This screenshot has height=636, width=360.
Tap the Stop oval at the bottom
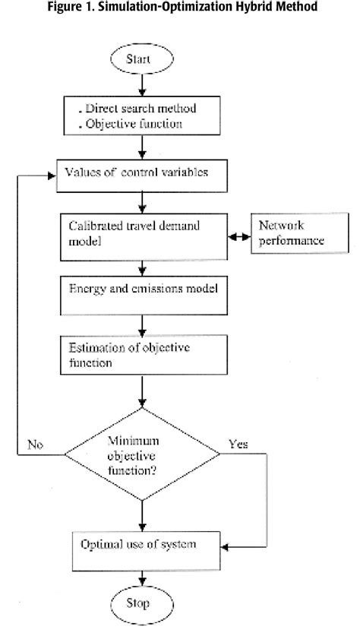pos(142,605)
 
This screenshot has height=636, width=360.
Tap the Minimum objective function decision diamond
pos(142,454)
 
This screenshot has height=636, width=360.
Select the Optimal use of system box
pos(142,545)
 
